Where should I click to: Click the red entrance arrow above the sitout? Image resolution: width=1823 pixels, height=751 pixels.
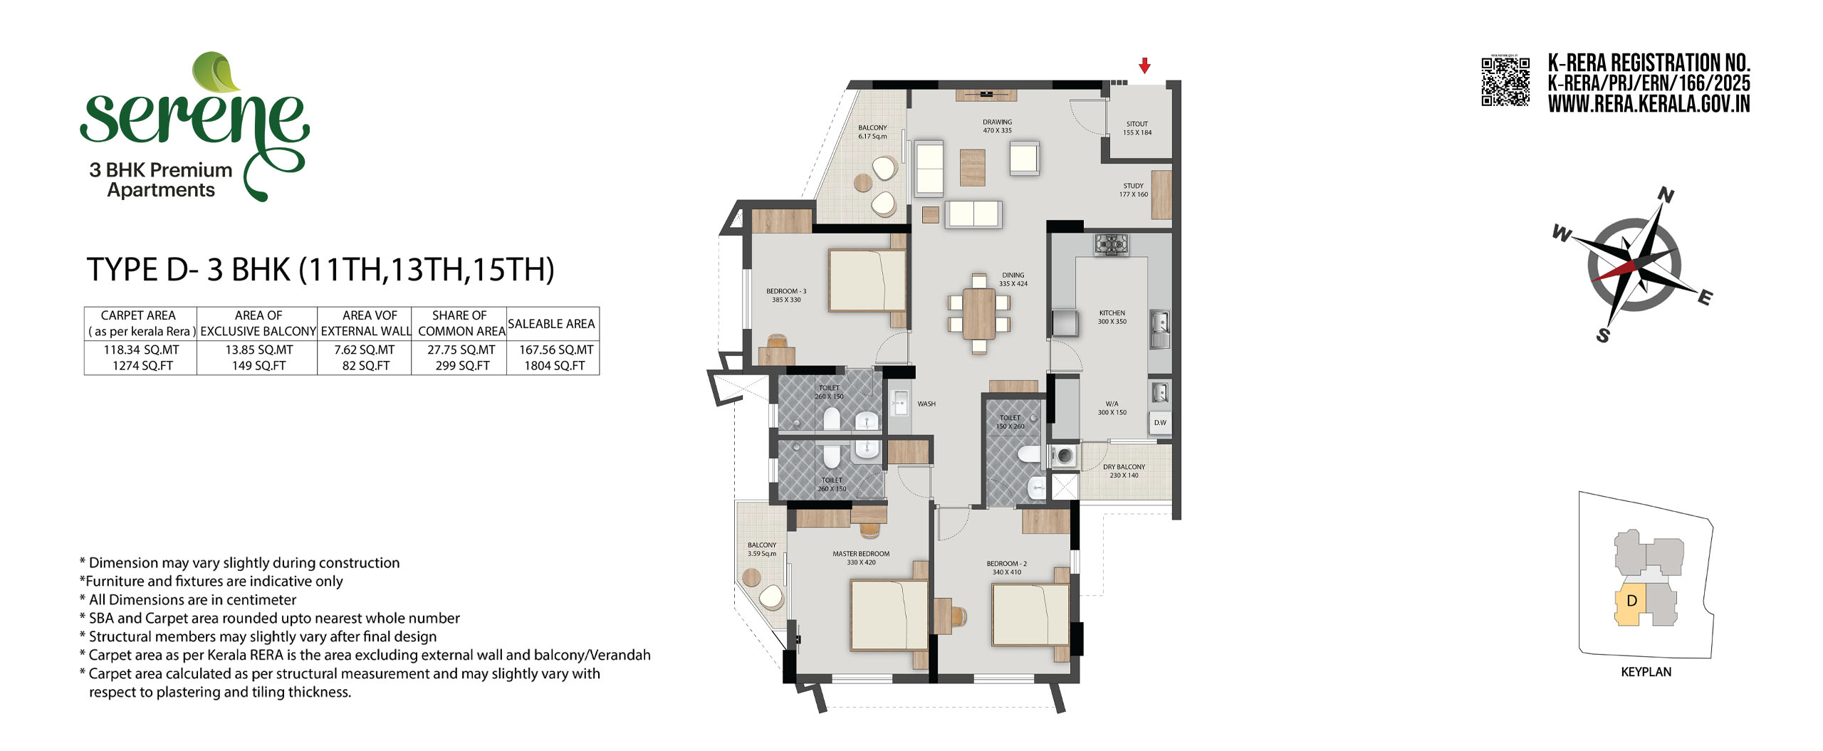1144,65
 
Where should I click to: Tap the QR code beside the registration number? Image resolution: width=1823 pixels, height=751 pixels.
1505,81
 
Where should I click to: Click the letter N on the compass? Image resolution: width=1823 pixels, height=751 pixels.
1666,195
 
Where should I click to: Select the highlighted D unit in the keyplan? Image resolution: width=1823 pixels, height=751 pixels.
1631,604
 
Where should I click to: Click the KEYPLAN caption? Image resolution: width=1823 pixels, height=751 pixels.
1646,672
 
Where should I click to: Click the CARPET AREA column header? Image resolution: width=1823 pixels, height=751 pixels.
138,315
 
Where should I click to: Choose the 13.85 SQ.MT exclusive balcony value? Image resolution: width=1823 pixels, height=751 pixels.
259,350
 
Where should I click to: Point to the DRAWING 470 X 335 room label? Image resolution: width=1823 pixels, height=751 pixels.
997,127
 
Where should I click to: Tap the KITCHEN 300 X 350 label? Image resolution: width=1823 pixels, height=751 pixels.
1112,317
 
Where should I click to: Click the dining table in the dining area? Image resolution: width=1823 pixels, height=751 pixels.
979,313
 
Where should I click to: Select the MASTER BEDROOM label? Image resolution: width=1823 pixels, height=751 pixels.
861,554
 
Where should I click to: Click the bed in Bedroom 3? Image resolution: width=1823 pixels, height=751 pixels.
867,280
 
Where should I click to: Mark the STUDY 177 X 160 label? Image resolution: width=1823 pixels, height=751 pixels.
1134,190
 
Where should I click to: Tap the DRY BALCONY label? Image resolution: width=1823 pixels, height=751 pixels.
1124,467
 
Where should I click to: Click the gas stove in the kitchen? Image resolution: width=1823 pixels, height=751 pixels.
1112,245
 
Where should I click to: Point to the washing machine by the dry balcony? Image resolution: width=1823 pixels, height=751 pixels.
1064,456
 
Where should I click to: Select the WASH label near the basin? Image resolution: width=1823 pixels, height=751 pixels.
926,404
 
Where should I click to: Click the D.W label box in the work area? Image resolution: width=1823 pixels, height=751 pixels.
1160,423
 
